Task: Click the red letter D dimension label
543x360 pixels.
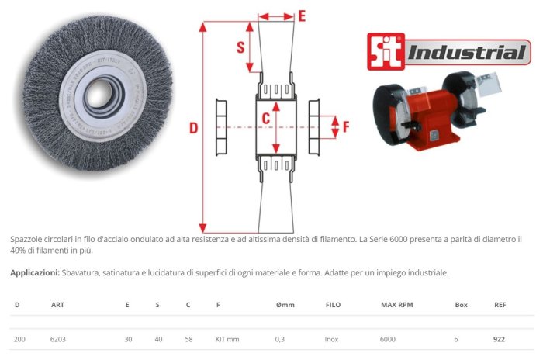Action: coord(194,128)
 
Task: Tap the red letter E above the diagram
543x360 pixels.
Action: coord(302,16)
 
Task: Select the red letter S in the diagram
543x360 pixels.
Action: coord(240,47)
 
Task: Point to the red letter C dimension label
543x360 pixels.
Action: coord(265,119)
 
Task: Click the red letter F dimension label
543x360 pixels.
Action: coord(346,127)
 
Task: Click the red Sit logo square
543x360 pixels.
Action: coord(386,52)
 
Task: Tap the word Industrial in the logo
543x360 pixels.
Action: coord(467,52)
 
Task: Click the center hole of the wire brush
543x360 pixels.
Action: coord(99,95)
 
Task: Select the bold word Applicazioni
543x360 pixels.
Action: coord(35,272)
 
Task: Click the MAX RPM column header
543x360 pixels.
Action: coord(397,305)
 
